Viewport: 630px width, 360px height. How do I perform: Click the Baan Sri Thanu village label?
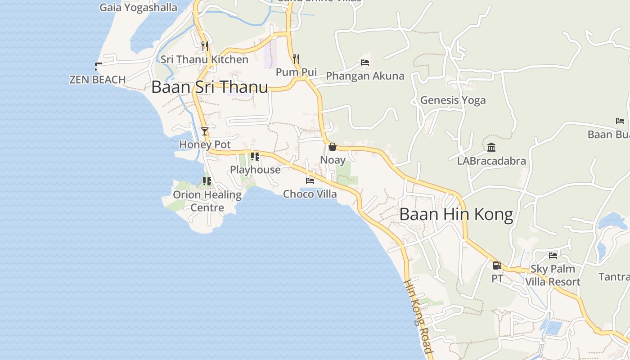click(x=210, y=87)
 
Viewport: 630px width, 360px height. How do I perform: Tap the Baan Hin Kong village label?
click(x=456, y=214)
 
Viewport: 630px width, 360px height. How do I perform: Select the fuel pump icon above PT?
click(x=497, y=265)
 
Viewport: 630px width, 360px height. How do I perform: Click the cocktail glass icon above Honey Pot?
click(x=205, y=131)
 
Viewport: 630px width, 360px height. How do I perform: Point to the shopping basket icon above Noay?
click(x=333, y=147)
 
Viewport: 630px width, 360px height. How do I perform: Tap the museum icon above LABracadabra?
click(x=491, y=147)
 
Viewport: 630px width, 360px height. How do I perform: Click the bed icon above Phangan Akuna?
click(x=365, y=63)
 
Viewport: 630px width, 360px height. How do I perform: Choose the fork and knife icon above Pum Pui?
click(x=296, y=58)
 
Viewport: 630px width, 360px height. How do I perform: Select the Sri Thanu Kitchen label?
click(x=205, y=59)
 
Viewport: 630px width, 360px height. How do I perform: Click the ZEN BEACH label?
click(x=97, y=80)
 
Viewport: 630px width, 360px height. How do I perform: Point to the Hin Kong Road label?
click(x=418, y=317)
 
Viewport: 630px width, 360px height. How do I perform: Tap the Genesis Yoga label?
click(x=453, y=100)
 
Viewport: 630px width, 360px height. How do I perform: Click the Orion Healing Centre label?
click(x=207, y=201)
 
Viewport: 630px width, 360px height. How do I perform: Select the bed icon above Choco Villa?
click(x=310, y=181)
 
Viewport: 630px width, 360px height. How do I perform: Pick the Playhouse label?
click(x=255, y=170)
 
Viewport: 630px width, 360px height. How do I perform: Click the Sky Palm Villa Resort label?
click(x=553, y=275)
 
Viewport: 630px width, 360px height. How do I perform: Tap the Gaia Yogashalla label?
click(x=138, y=8)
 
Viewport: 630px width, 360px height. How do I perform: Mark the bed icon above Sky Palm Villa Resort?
click(x=553, y=256)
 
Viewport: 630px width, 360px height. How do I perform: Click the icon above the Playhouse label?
click(x=255, y=157)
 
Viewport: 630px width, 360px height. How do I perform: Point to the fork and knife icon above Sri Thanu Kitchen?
click(x=205, y=46)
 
